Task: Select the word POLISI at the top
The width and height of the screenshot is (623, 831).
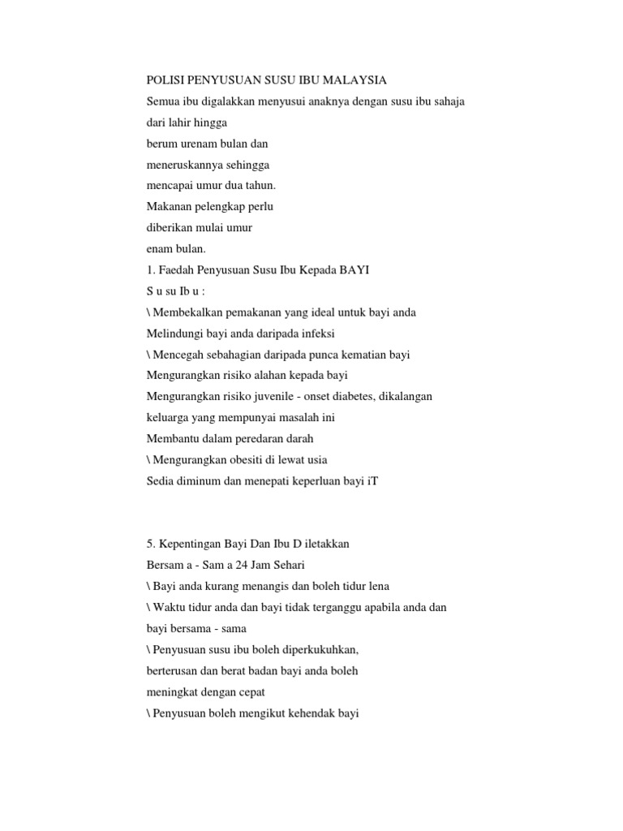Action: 166,80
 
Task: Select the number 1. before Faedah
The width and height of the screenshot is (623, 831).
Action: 150,270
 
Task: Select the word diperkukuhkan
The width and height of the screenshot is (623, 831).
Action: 318,650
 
